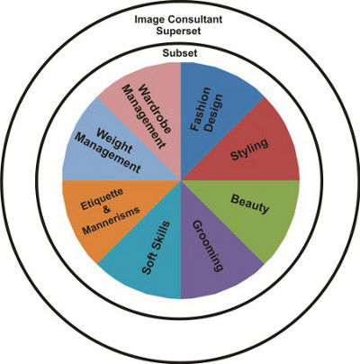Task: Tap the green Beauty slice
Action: [252, 210]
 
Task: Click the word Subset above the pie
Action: [180, 53]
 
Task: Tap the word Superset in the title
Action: [178, 31]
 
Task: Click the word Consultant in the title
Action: [195, 20]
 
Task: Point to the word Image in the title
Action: [149, 20]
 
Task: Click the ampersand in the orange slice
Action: [106, 210]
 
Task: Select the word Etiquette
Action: [103, 199]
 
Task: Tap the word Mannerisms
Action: [112, 220]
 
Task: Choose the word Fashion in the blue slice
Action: [201, 109]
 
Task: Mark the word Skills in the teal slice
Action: [160, 236]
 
